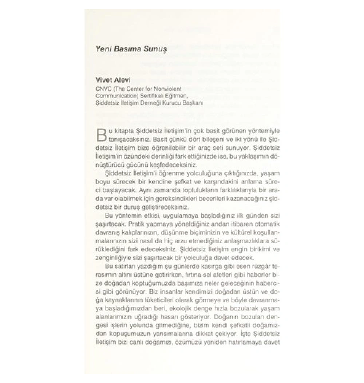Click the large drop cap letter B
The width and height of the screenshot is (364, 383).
(x=101, y=135)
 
